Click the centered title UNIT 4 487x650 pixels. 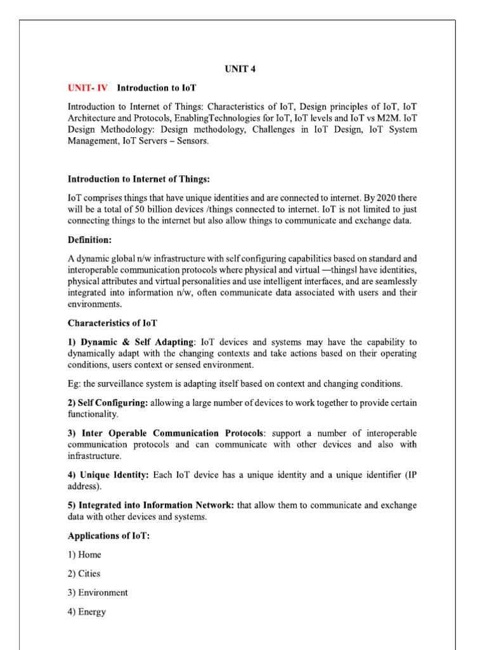244,69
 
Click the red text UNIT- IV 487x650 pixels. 89,88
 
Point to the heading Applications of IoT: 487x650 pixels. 108,536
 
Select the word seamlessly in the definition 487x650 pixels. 393,282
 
